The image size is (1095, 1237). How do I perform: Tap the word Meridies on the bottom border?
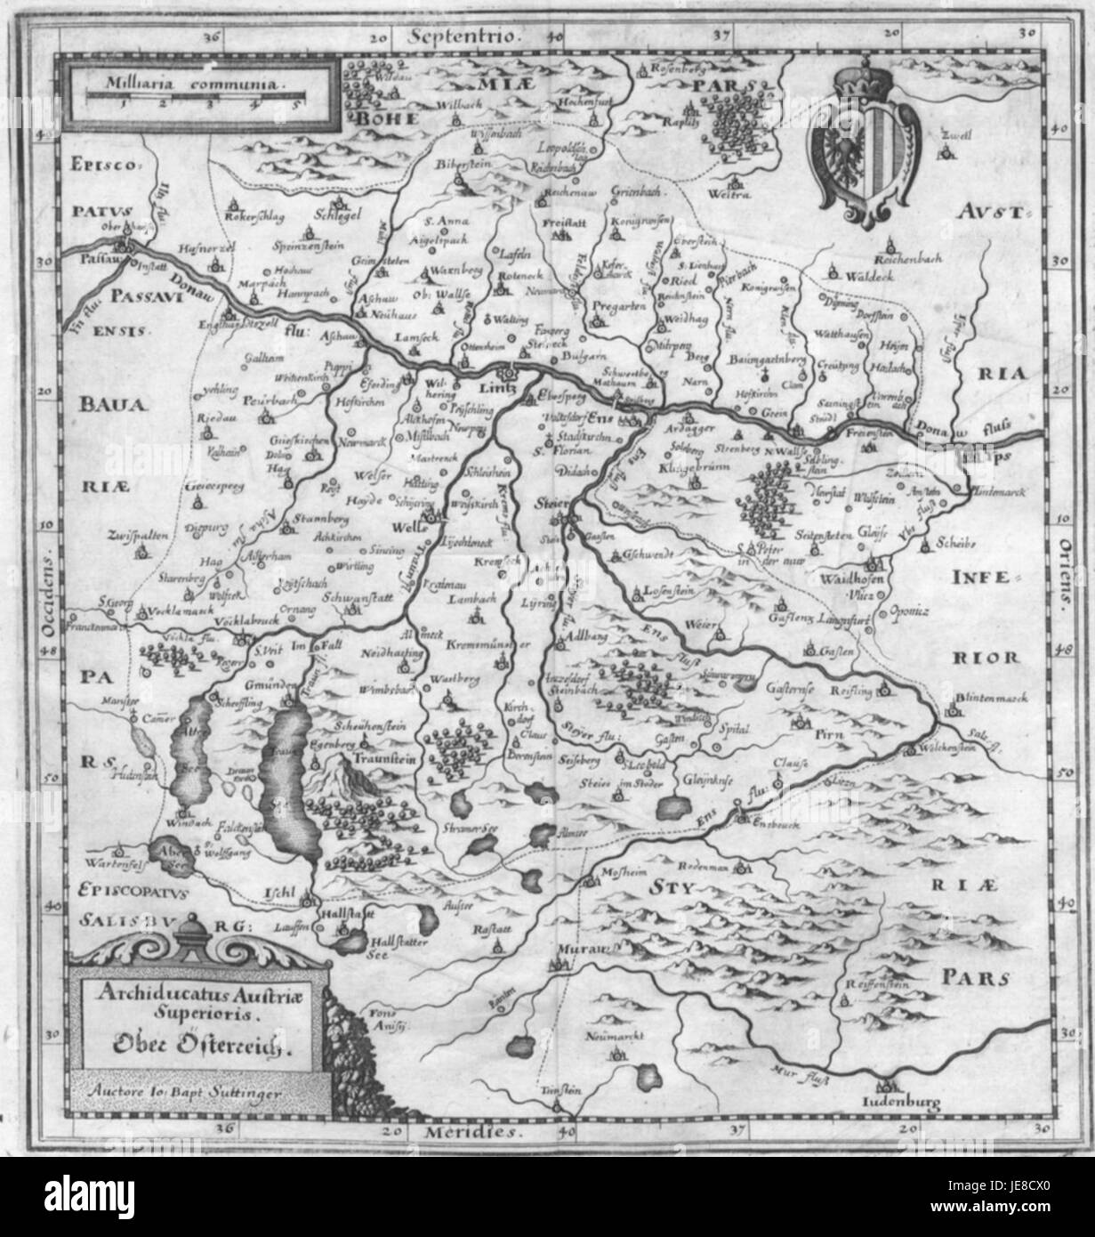463,1133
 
